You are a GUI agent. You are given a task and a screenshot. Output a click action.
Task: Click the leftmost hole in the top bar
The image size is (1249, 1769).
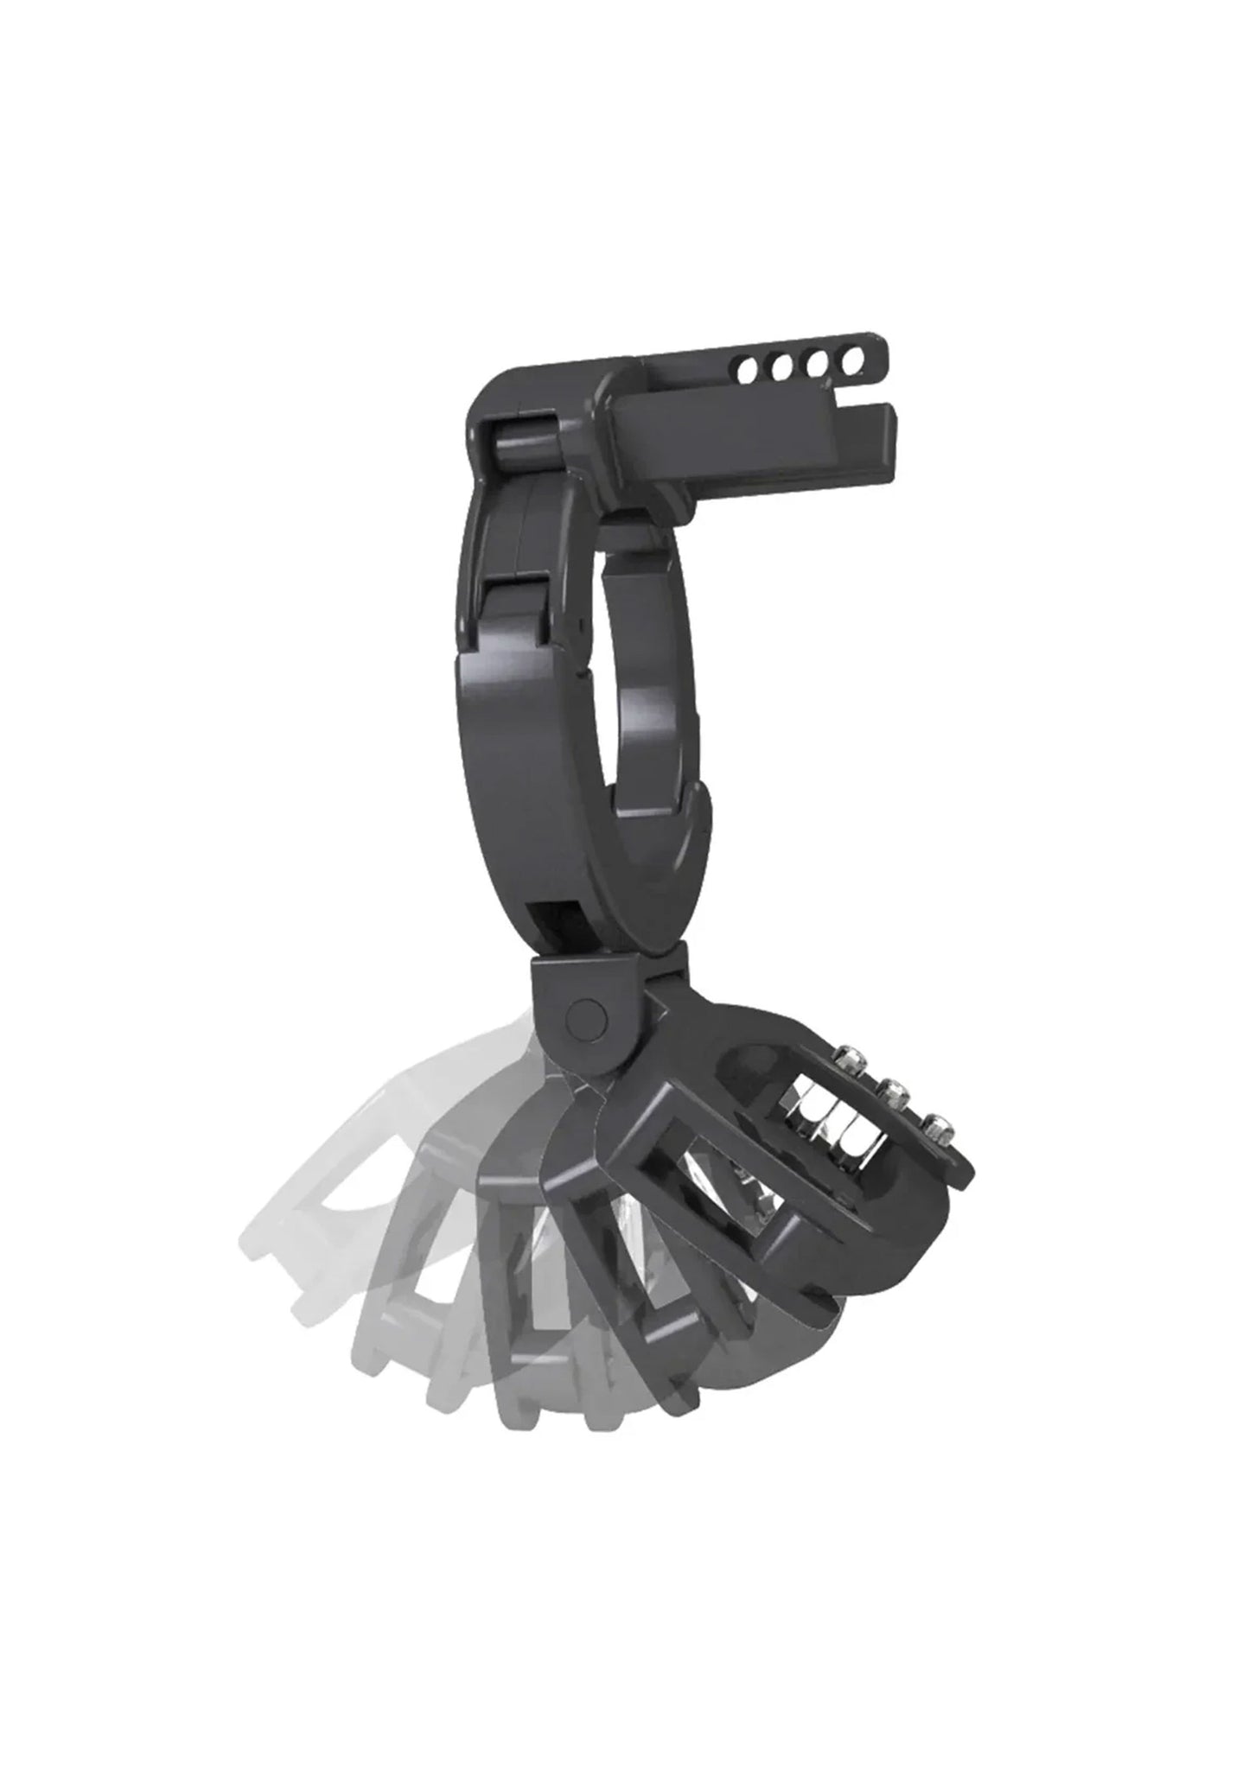(749, 373)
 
